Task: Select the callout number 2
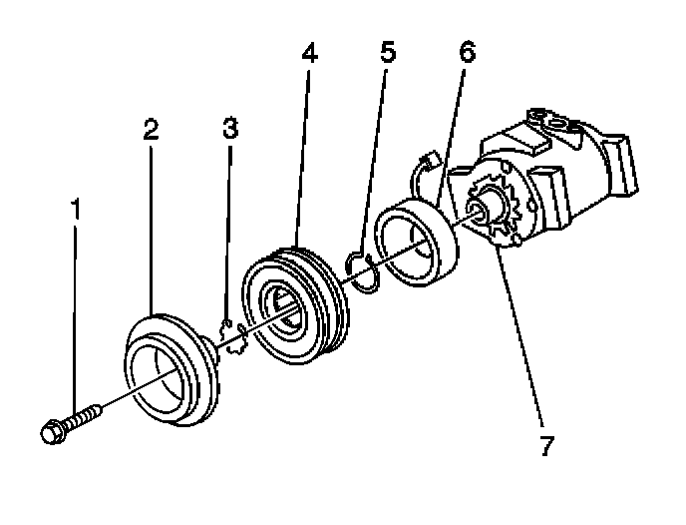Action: [x=151, y=129]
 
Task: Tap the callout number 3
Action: [x=230, y=129]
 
